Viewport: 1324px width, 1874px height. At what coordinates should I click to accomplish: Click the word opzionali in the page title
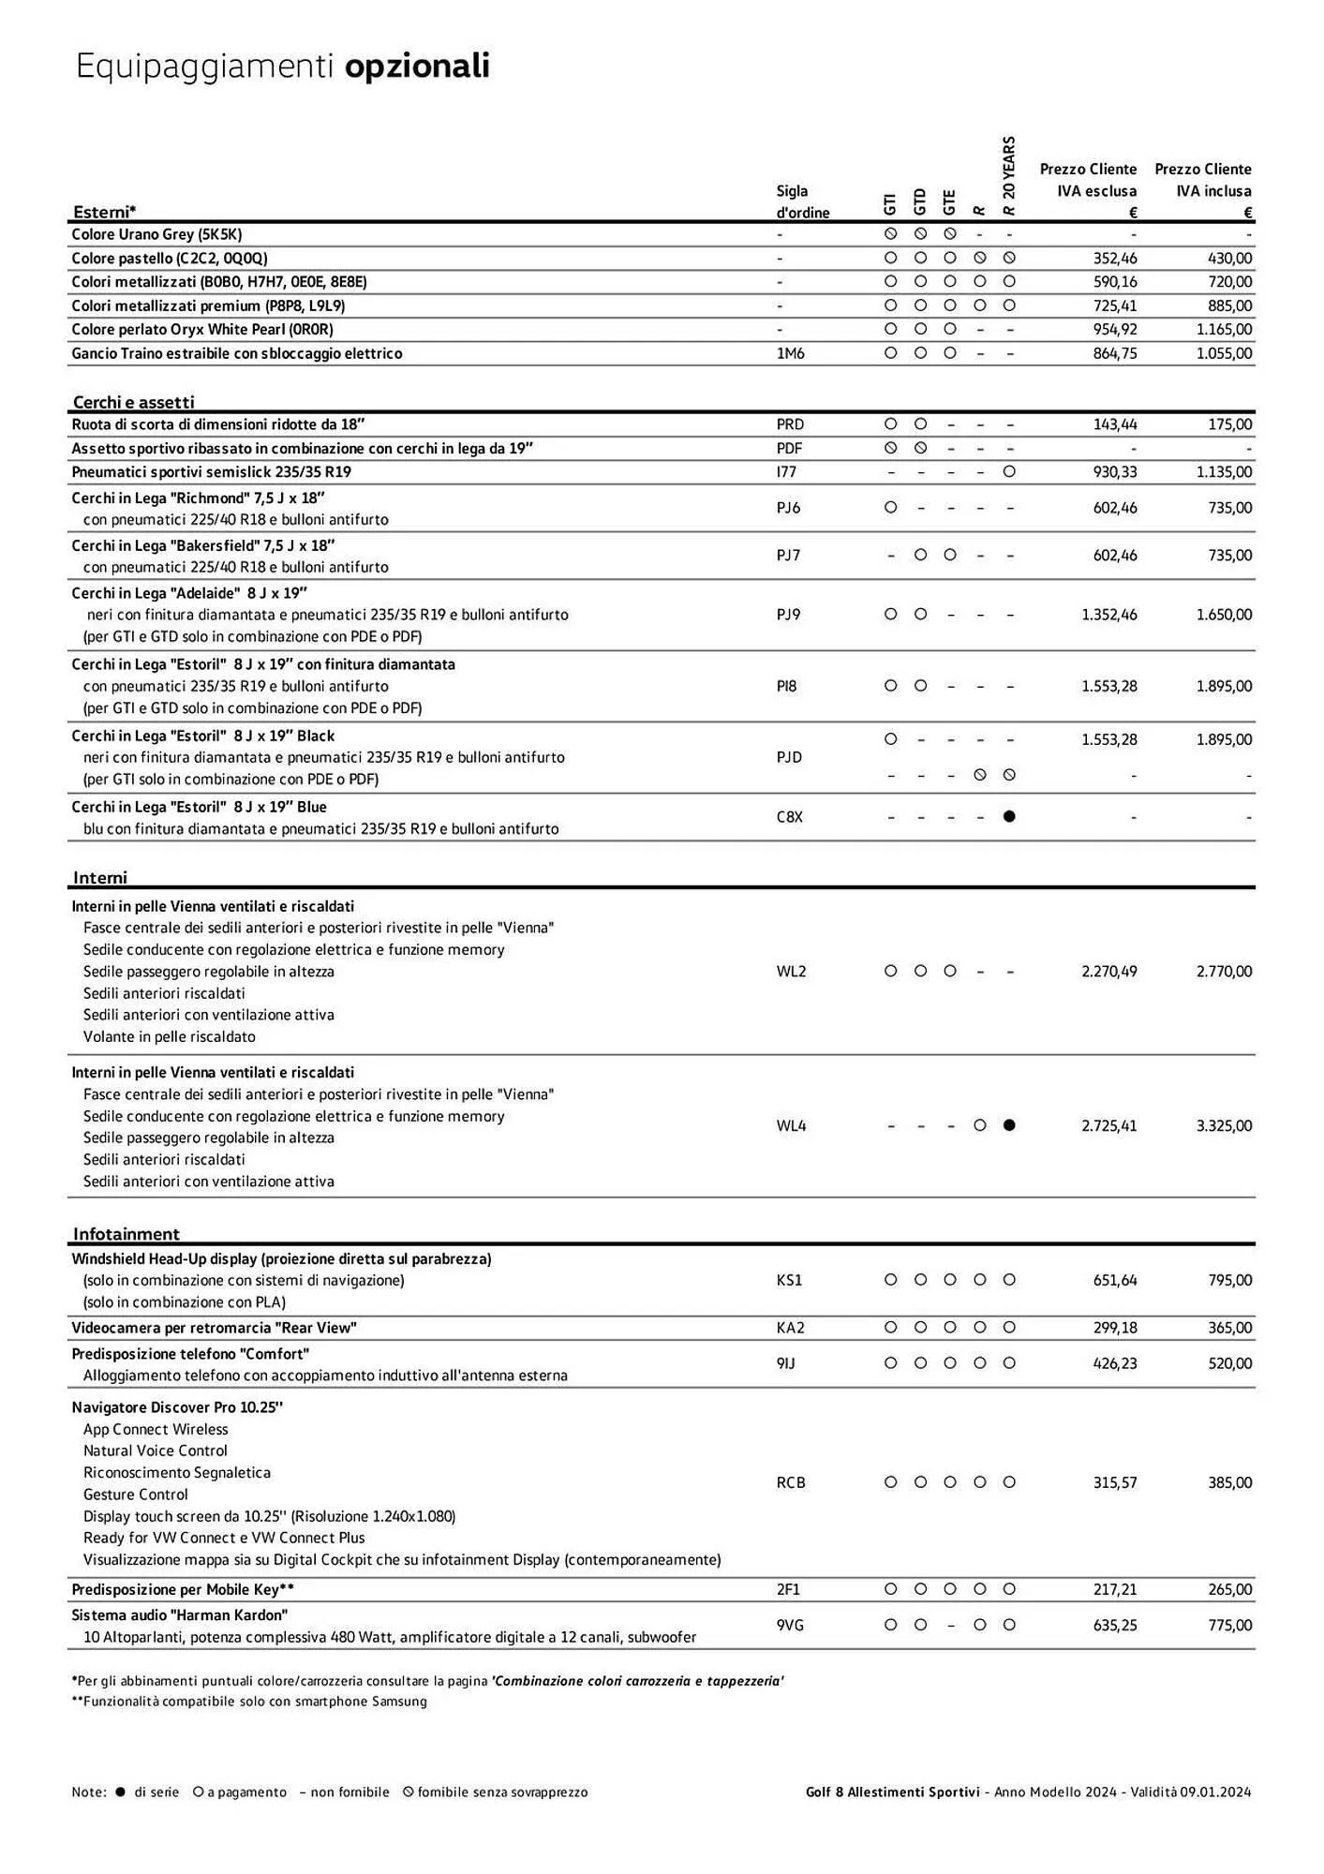click(x=417, y=67)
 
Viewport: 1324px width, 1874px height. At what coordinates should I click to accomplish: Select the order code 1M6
click(x=790, y=353)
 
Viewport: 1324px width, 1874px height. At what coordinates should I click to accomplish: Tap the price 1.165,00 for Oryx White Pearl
click(x=1224, y=330)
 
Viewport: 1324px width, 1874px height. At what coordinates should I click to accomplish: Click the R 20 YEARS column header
click(x=1009, y=176)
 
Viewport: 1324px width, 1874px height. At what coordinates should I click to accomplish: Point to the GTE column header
click(x=949, y=201)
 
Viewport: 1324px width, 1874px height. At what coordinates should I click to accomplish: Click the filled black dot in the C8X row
click(x=1009, y=817)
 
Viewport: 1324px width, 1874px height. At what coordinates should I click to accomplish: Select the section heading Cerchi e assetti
click(x=134, y=402)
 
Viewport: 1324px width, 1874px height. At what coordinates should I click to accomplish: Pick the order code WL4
click(x=791, y=1126)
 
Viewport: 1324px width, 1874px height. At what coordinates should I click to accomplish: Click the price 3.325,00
click(x=1224, y=1126)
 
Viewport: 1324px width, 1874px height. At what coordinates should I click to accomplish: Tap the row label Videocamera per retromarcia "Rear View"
click(x=214, y=1328)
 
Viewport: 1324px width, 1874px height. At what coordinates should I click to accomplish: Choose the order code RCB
click(x=791, y=1483)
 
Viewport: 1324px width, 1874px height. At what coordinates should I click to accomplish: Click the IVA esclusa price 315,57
click(x=1115, y=1483)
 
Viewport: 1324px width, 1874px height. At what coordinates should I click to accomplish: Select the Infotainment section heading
click(x=126, y=1234)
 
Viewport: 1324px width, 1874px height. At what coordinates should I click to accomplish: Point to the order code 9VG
click(x=790, y=1626)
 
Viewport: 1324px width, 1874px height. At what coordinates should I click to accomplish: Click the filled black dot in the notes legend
click(x=120, y=1792)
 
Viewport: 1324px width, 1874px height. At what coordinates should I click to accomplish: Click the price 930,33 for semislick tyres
click(x=1115, y=472)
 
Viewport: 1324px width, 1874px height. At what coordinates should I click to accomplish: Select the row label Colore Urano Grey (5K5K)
click(x=156, y=235)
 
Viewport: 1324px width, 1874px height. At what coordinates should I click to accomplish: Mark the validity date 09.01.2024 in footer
click(x=1215, y=1792)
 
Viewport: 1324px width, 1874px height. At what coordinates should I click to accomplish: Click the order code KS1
click(x=789, y=1281)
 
